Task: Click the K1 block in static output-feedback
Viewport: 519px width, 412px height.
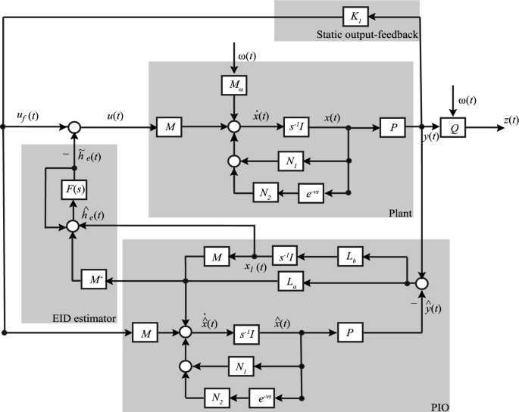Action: tap(353, 16)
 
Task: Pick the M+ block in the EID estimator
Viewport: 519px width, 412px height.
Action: tap(92, 282)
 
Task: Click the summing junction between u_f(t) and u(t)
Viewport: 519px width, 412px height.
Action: tap(73, 127)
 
